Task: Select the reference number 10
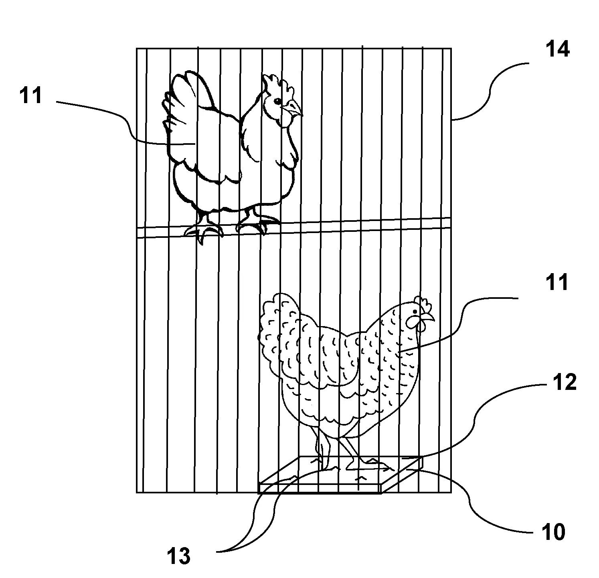pos(553,532)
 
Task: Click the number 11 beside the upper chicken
pos(30,96)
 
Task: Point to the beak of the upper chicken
pos(297,110)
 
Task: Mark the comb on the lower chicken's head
pos(423,303)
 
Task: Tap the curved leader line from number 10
pos(473,505)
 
